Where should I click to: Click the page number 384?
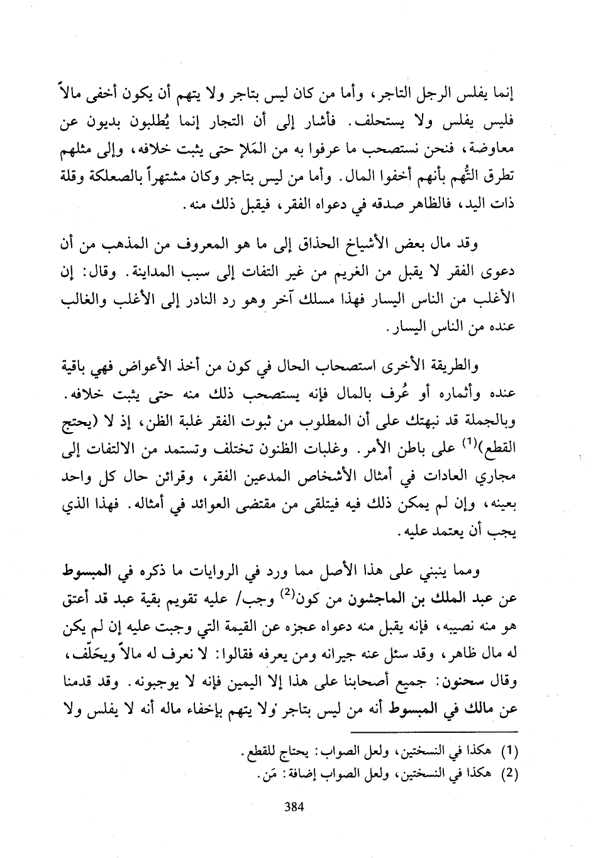294,807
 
